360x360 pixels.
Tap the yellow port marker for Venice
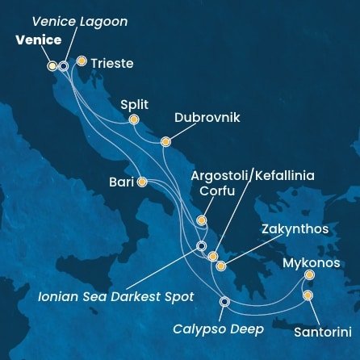[x=52, y=65]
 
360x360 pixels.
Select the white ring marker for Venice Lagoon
[x=64, y=66]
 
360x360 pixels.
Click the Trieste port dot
[x=81, y=60]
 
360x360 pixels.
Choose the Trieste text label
[x=112, y=62]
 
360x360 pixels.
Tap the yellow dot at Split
[x=133, y=120]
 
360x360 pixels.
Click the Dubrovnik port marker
[x=165, y=142]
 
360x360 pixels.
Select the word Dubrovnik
[x=207, y=118]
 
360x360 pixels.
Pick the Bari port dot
[x=142, y=182]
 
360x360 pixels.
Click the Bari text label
[x=122, y=182]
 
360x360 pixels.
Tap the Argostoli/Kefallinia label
[x=253, y=175]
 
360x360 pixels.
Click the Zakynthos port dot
[x=220, y=265]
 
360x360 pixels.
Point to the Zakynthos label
[x=295, y=229]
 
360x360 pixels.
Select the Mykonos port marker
[x=309, y=275]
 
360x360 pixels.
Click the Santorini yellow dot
[x=308, y=295]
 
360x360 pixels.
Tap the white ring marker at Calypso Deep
[x=224, y=303]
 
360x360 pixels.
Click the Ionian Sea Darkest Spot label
[x=116, y=296]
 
